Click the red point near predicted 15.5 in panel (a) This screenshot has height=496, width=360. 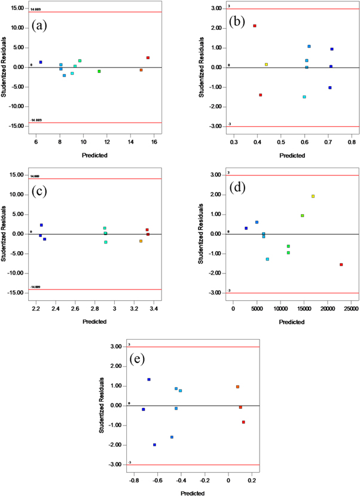click(148, 58)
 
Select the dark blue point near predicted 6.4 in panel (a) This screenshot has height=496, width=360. click(41, 62)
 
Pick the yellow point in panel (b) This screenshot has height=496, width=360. click(267, 64)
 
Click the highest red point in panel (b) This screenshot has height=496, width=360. click(255, 26)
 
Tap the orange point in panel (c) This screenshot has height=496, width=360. click(141, 241)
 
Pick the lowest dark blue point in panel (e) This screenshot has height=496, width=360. click(154, 445)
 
